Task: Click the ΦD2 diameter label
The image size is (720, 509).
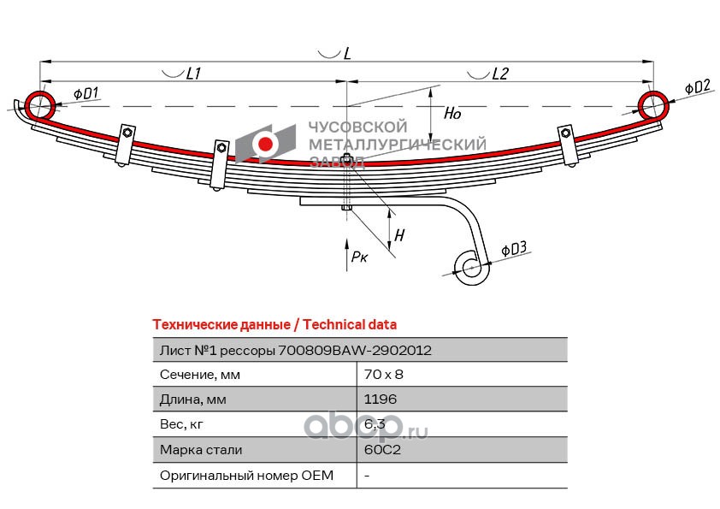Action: click(x=698, y=86)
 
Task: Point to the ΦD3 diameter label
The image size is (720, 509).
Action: click(x=514, y=250)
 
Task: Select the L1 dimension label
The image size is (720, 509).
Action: click(x=192, y=74)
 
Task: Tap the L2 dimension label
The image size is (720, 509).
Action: click(x=500, y=74)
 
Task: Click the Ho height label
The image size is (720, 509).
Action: click(x=454, y=112)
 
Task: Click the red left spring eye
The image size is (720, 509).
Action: click(x=40, y=105)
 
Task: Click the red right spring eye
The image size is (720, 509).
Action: click(x=655, y=105)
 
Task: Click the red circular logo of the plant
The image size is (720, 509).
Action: click(x=267, y=145)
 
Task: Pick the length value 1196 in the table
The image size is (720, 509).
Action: click(x=381, y=400)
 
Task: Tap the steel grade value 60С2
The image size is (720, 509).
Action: click(x=381, y=449)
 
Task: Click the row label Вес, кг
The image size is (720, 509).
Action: click(x=183, y=424)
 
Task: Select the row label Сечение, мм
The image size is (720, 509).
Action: click(x=200, y=375)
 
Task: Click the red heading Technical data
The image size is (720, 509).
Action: click(x=351, y=325)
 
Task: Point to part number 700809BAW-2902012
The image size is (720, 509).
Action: click(x=355, y=350)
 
